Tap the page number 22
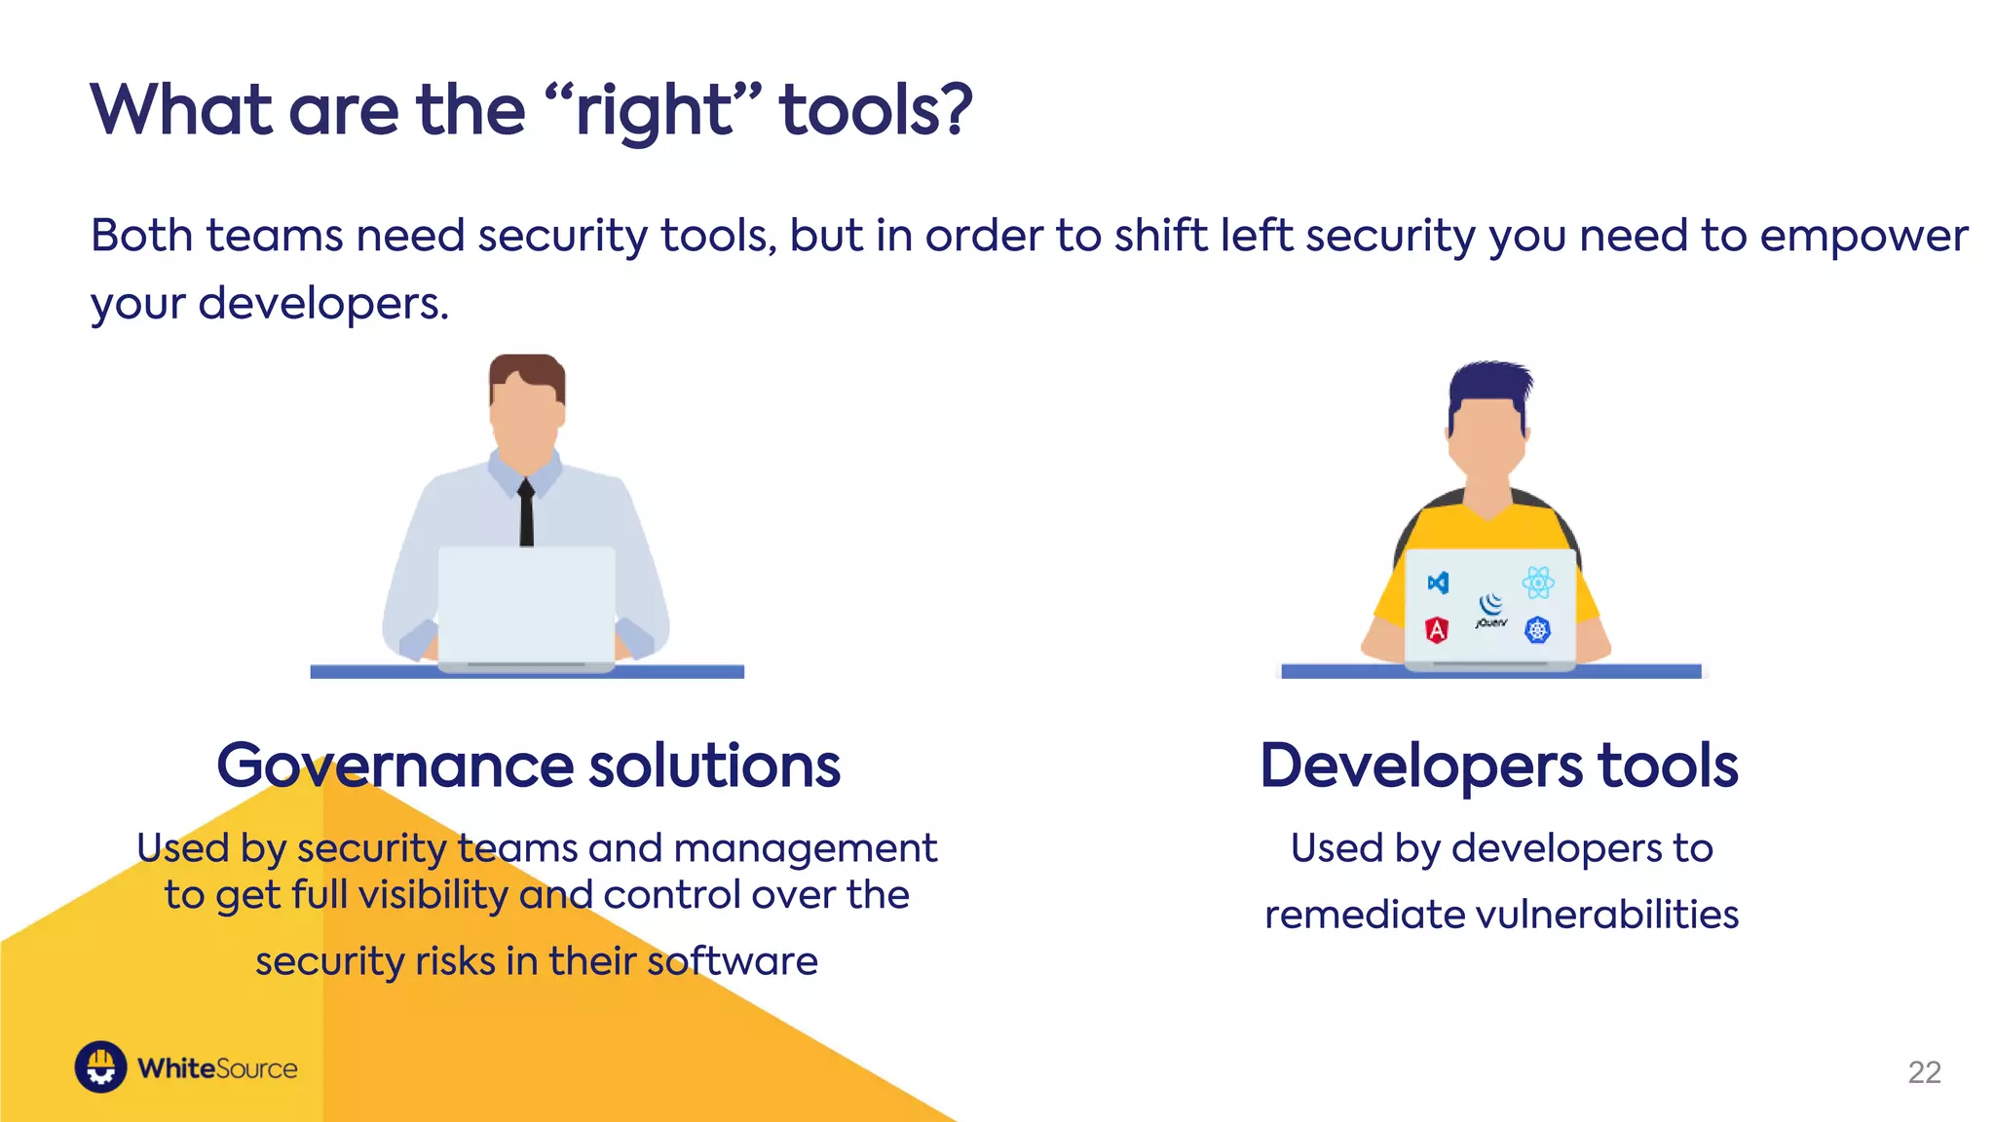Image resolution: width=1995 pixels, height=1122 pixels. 1924,1072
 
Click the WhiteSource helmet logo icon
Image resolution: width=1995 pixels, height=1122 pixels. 100,1067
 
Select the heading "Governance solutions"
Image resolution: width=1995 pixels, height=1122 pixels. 528,766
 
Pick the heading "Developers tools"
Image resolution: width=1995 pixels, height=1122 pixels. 1499,766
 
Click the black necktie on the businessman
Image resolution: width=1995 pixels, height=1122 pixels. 526,513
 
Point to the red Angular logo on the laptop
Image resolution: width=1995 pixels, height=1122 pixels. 1437,630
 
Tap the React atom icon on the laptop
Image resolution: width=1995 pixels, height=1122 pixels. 1538,582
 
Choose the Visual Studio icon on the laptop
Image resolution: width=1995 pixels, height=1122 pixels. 1438,582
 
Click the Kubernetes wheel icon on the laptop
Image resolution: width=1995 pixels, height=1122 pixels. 1537,630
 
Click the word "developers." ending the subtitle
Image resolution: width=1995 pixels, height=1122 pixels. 323,304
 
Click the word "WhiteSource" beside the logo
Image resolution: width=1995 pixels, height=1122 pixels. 217,1068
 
